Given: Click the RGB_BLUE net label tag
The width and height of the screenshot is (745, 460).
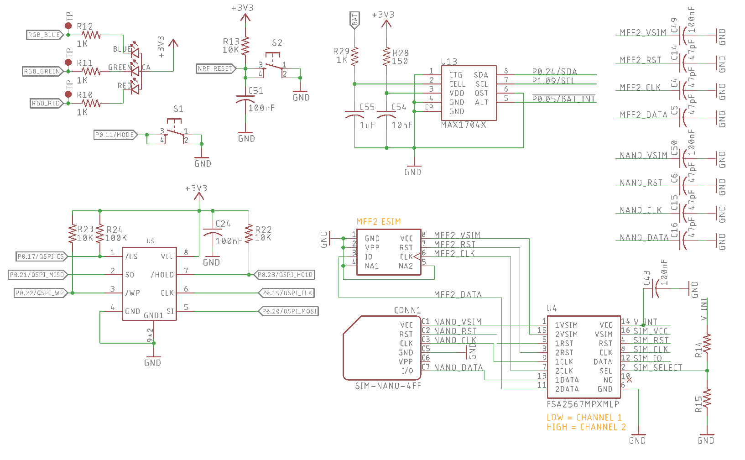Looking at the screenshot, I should tap(44, 35).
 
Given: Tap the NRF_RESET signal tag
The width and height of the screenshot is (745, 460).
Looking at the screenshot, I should tap(215, 68).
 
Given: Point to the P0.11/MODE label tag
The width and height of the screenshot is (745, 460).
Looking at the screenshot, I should tap(115, 135).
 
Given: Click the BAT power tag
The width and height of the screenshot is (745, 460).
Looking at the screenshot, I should tap(354, 20).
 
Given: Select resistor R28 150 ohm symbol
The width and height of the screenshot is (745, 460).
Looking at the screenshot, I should tap(386, 57).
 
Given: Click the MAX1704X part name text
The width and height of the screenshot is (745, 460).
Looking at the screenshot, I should tap(464, 125).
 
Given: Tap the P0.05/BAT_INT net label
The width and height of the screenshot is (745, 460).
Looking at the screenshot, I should tap(564, 99).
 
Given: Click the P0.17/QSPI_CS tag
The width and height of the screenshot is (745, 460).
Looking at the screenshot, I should tap(41, 256).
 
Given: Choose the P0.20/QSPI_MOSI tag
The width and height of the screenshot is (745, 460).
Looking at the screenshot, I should tap(289, 311).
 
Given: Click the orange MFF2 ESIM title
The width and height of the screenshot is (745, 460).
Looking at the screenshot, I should tap(379, 221).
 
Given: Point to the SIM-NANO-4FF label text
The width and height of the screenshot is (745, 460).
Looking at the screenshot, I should tap(388, 386).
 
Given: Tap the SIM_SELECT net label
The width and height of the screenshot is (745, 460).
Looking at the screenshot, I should tap(657, 367).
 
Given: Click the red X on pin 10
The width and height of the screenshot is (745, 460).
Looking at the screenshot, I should tap(630, 380).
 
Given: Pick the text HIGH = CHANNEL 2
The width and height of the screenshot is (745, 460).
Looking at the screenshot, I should tap(586, 427).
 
